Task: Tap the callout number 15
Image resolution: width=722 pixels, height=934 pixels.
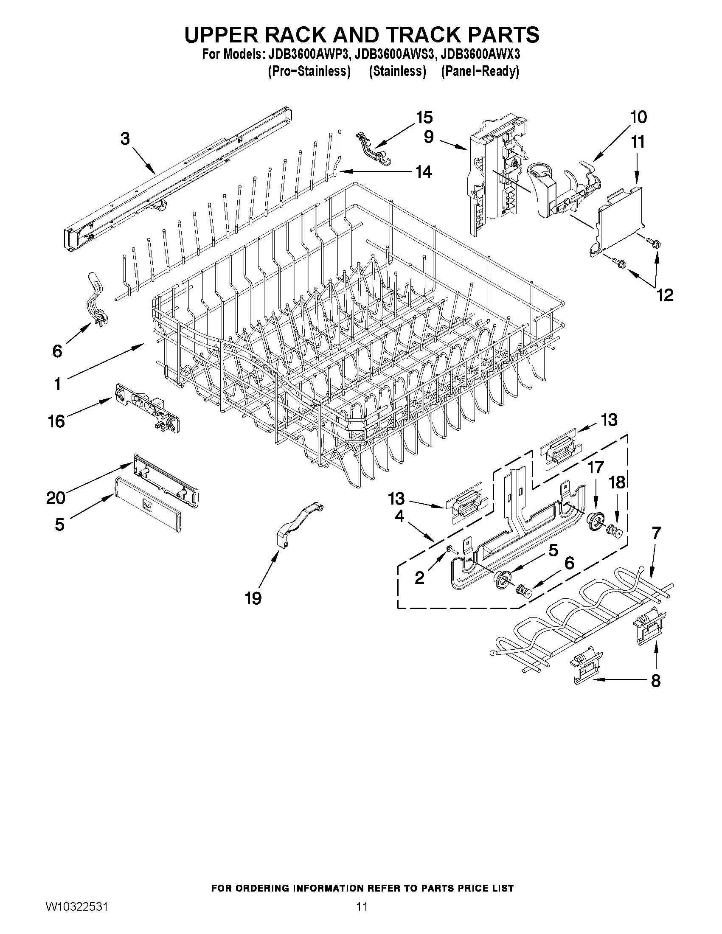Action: tap(424, 117)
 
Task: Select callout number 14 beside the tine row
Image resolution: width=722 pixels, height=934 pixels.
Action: tap(424, 172)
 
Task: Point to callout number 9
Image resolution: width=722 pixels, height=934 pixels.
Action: tap(429, 136)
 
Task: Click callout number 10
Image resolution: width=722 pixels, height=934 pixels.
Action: tap(638, 117)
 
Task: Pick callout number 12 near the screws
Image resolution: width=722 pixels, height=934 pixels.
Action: tap(665, 295)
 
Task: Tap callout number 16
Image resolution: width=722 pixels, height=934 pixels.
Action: tap(56, 421)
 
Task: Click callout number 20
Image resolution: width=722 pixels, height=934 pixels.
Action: tap(56, 498)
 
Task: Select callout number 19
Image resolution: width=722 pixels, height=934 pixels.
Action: tap(253, 598)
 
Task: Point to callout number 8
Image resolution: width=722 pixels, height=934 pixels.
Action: tap(656, 680)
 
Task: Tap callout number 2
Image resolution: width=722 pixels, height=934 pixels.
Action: tap(420, 578)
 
